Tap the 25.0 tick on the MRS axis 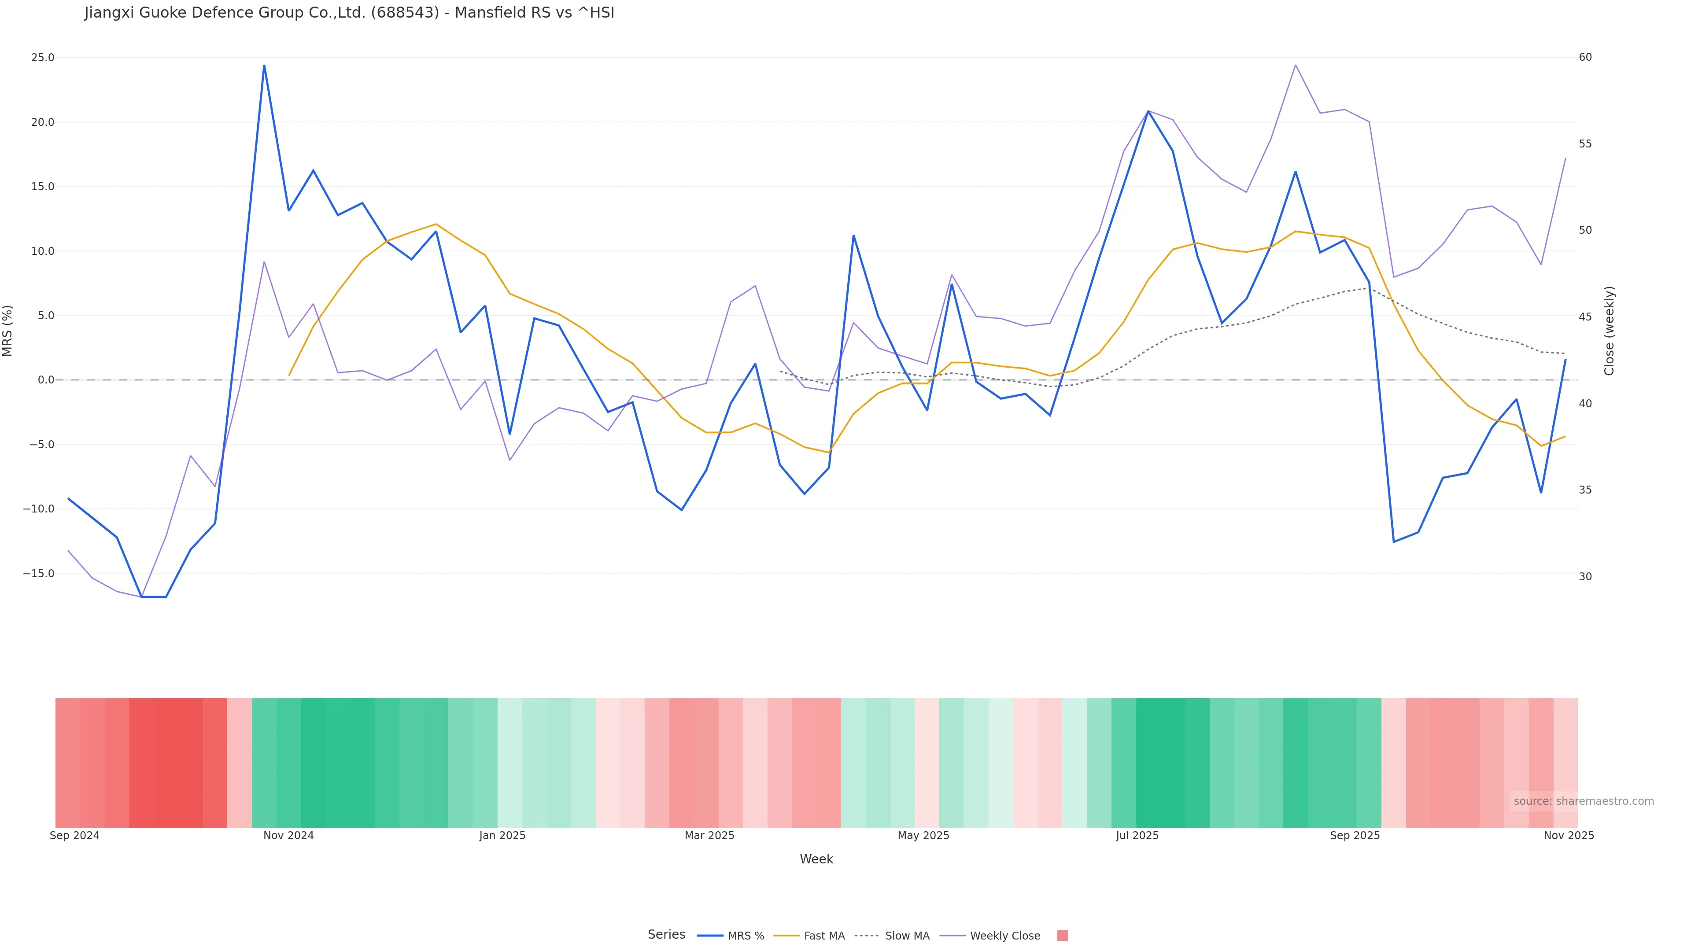(x=43, y=58)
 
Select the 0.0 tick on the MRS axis (x=46, y=380)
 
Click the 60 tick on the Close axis (x=1585, y=58)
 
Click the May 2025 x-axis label (x=923, y=836)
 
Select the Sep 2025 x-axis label (x=1354, y=836)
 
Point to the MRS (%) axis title (x=8, y=331)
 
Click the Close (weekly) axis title (x=1609, y=331)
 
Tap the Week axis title (x=816, y=859)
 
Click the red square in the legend (x=1062, y=936)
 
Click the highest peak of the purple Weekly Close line (x=1295, y=65)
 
